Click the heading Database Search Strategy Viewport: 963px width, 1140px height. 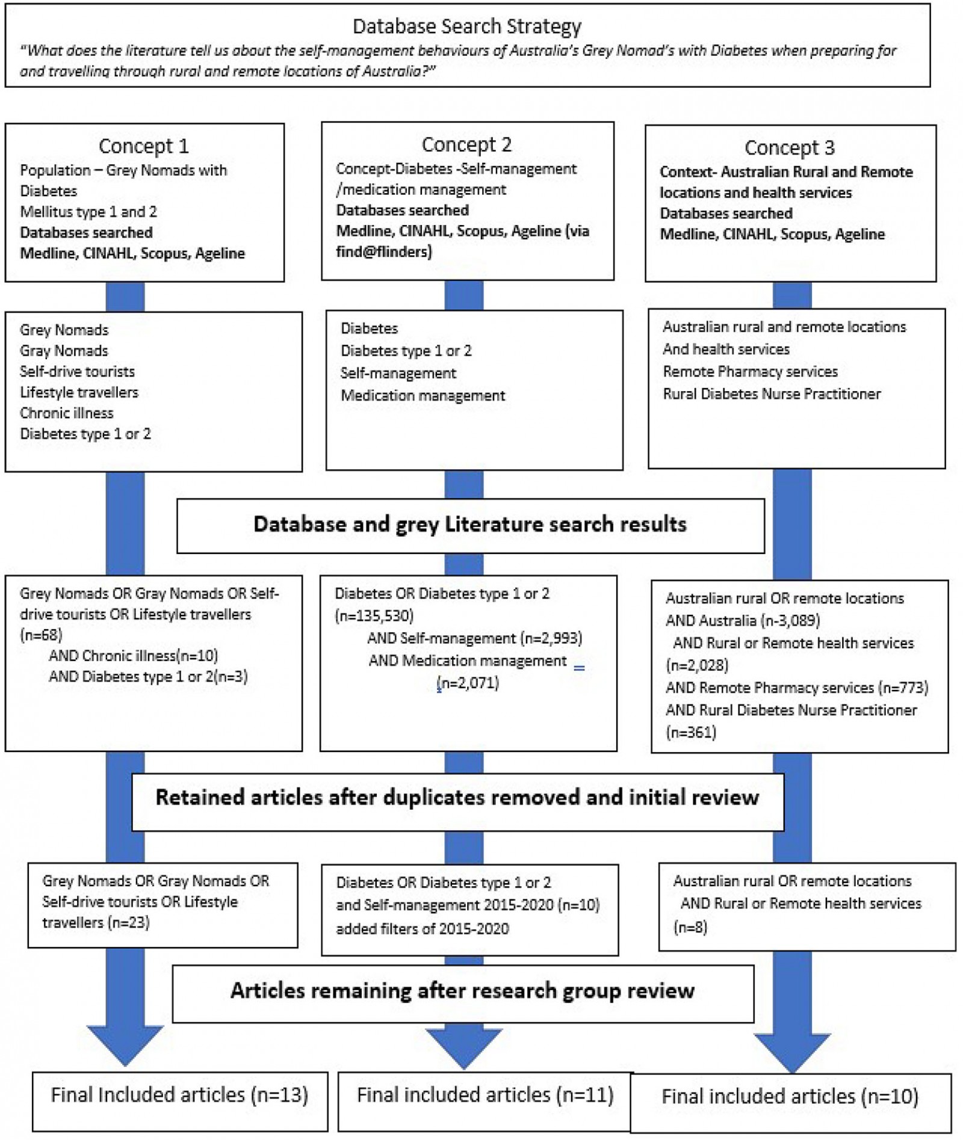[466, 26]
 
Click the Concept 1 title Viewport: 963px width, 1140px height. [144, 146]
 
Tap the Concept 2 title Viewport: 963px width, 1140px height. [466, 145]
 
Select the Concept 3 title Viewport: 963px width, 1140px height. [789, 148]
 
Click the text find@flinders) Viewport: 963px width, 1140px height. [384, 252]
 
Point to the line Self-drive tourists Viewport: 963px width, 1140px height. [77, 372]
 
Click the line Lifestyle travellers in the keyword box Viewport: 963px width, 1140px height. [79, 392]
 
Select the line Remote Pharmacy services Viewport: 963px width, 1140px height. [750, 372]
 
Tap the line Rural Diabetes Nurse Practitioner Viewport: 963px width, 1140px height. [772, 394]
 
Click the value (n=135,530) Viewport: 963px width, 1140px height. [374, 616]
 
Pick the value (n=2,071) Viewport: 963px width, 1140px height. [468, 683]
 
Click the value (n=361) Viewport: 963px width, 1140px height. [691, 733]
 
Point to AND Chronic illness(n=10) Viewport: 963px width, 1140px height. [133, 656]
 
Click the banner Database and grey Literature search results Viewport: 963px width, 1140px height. [470, 525]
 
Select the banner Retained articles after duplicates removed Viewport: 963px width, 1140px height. [457, 798]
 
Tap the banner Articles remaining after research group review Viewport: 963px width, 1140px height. [462, 991]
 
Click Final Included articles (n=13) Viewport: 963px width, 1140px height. [179, 1095]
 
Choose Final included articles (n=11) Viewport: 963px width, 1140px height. [485, 1095]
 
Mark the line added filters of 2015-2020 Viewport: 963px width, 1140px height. [423, 929]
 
